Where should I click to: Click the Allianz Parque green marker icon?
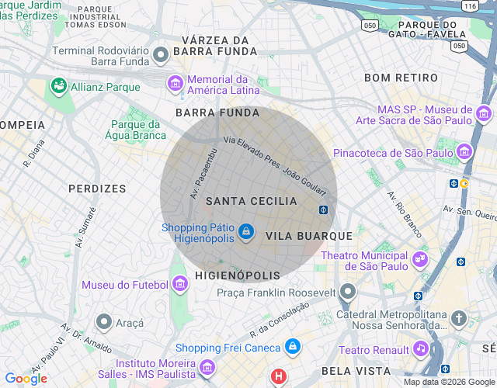[57, 86]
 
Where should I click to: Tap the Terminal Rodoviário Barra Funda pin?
[161, 55]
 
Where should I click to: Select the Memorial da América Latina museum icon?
[176, 82]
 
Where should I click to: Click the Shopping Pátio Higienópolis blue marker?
[246, 232]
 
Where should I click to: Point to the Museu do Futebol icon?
[180, 284]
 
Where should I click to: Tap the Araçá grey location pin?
[103, 321]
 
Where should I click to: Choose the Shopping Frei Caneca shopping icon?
[292, 347]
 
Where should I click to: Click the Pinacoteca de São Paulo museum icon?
[465, 151]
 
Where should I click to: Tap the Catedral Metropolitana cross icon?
[459, 318]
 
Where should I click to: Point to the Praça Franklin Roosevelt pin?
[348, 292]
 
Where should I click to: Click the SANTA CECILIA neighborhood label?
[251, 201]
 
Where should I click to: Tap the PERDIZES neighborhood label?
[97, 189]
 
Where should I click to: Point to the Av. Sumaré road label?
[85, 227]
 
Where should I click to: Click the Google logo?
[26, 379]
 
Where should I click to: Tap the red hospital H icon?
[278, 378]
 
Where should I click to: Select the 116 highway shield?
[469, 5]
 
